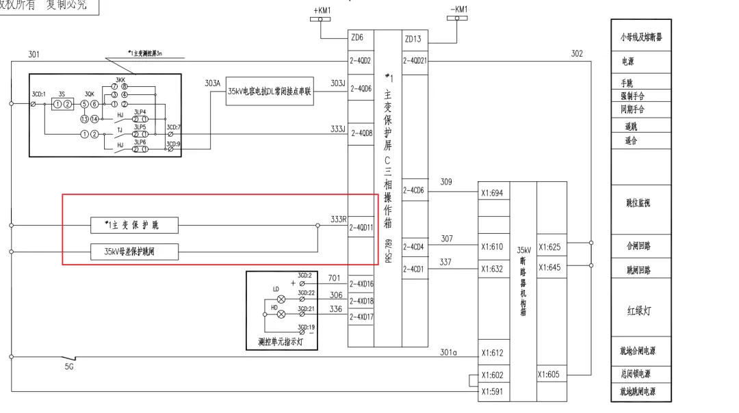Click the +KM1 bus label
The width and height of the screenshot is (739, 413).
point(322,10)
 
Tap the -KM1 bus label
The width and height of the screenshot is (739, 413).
point(459,10)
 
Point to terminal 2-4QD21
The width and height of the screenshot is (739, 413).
point(415,61)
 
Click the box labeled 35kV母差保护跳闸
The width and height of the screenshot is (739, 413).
point(134,252)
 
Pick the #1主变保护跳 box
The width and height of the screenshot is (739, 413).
point(134,225)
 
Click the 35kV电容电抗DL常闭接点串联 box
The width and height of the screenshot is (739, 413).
point(270,91)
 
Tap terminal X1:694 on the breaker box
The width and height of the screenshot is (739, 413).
point(492,194)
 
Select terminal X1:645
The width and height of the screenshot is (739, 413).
point(549,267)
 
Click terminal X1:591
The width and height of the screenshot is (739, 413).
point(492,391)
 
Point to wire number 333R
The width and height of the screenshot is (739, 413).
point(338,219)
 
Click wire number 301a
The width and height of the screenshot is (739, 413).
point(448,353)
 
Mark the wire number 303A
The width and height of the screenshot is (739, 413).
point(213,83)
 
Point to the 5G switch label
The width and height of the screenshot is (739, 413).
point(69,367)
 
